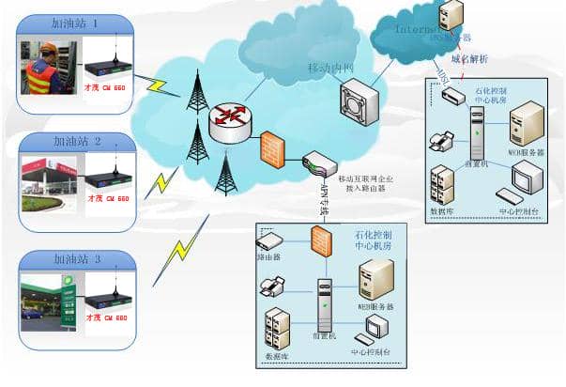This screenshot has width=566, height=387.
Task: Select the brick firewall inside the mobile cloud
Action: tap(272, 148)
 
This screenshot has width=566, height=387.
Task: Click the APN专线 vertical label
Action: tap(323, 199)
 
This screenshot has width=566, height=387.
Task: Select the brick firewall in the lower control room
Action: tap(318, 241)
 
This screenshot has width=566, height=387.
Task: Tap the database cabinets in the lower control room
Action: tap(279, 330)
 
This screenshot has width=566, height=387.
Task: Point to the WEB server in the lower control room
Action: tap(376, 279)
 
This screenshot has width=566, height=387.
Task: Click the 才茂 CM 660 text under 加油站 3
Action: tap(107, 317)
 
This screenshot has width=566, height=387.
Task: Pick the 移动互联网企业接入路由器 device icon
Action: tap(319, 163)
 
